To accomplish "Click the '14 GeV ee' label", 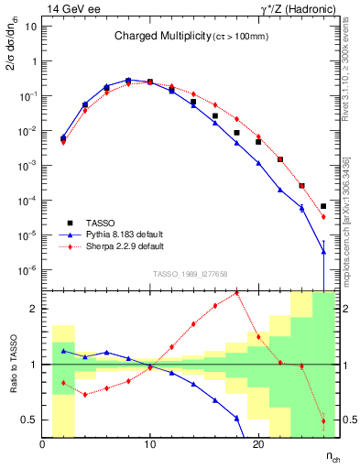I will [70, 8].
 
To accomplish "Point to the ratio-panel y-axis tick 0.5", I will [30, 420].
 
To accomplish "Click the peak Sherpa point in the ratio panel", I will [236, 293].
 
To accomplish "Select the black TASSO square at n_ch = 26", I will [323, 206].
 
